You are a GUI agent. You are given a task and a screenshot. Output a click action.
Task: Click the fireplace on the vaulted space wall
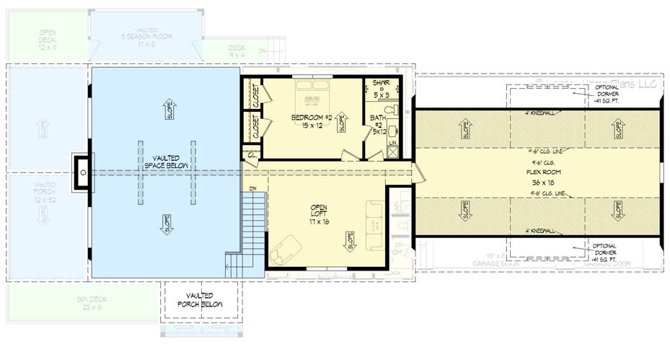tap(83, 172)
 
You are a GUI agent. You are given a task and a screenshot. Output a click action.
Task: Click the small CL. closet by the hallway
tap(250, 153)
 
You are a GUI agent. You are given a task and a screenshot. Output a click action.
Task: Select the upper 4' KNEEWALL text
tap(537, 113)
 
